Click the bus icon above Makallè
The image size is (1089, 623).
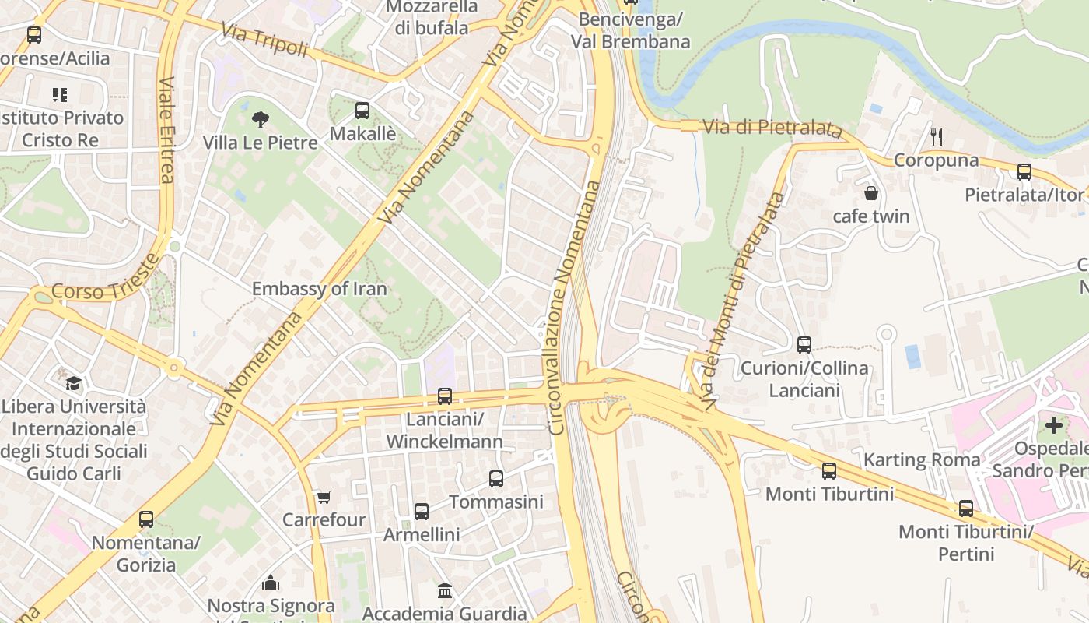click(x=362, y=111)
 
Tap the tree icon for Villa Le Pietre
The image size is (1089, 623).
click(x=261, y=119)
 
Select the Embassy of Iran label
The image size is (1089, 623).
click(x=319, y=289)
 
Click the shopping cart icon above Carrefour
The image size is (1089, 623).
click(x=324, y=497)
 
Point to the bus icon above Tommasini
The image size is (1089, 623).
click(x=496, y=479)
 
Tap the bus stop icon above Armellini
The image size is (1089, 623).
click(x=422, y=512)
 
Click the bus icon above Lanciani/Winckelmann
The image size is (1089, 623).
click(x=445, y=396)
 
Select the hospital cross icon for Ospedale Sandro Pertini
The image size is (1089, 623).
click(x=1054, y=425)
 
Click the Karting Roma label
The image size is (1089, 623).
click(x=922, y=459)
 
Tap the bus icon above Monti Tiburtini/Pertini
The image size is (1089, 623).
click(x=966, y=509)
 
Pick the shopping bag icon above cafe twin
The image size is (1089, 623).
click(x=871, y=192)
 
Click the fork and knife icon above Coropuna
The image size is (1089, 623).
click(x=937, y=137)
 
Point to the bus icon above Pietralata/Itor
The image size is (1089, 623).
click(x=1024, y=172)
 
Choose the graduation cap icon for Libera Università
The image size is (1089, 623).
click(x=74, y=383)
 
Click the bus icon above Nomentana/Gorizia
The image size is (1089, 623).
click(x=146, y=519)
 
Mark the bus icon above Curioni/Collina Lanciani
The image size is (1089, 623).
click(x=804, y=344)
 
